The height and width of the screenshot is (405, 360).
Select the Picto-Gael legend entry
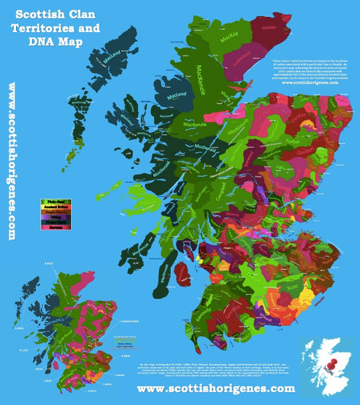56,200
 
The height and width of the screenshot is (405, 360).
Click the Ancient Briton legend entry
56,207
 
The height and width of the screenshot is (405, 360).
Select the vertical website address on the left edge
12,161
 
